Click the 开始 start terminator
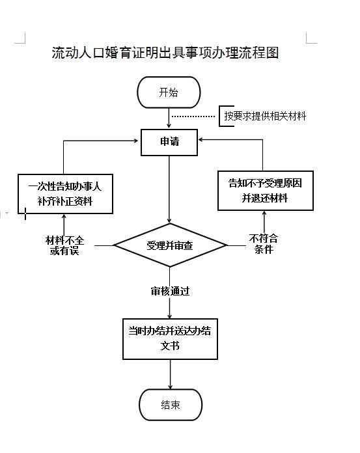pyautogui.click(x=169, y=92)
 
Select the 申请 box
pyautogui.click(x=169, y=143)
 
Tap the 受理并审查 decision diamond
pyautogui.click(x=170, y=245)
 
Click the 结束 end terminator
pyautogui.click(x=171, y=405)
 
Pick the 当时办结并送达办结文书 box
pyautogui.click(x=170, y=339)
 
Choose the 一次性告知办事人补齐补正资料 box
pyautogui.click(x=65, y=194)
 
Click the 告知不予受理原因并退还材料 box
pyautogui.click(x=266, y=191)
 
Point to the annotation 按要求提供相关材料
pyautogui.click(x=265, y=116)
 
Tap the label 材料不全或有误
pyautogui.click(x=64, y=245)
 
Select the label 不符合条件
pyautogui.click(x=264, y=244)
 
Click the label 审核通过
pyautogui.click(x=170, y=291)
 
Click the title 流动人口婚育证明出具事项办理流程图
pyautogui.click(x=165, y=53)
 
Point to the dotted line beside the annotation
pyautogui.click(x=193, y=117)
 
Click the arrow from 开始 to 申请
pyautogui.click(x=169, y=118)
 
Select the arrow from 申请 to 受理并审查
pyautogui.click(x=169, y=189)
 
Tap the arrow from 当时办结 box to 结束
pyautogui.click(x=170, y=374)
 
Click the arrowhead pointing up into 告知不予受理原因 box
pyautogui.click(x=264, y=214)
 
